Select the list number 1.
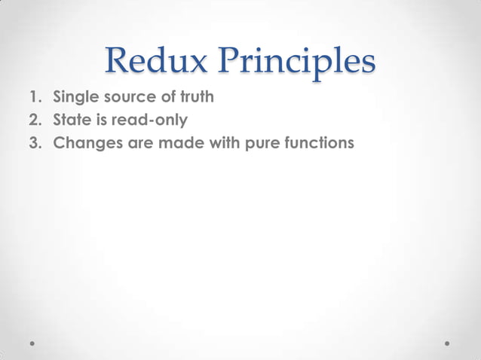pos(35,97)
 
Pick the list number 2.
pos(35,118)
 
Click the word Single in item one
pos(73,97)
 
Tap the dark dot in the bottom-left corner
pos(33,343)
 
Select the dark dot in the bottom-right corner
pos(448,343)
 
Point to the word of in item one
pos(165,97)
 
